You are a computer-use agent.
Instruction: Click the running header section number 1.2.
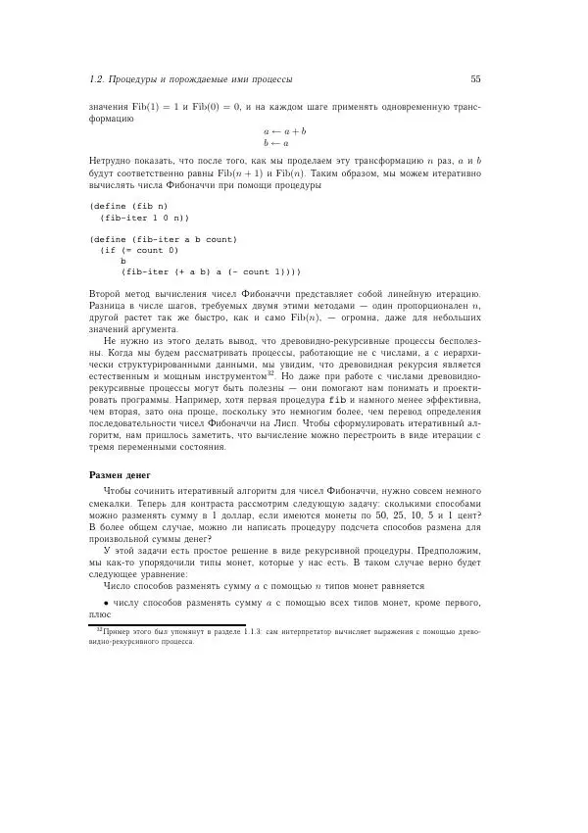[96, 79]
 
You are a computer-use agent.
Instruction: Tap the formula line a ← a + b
[284, 130]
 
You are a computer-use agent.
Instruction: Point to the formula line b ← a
[276, 143]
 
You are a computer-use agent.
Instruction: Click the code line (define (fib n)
[128, 207]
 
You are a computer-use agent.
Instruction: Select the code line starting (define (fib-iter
[163, 239]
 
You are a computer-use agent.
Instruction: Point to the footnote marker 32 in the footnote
[98, 632]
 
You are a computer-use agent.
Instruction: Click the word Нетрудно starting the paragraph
[110, 160]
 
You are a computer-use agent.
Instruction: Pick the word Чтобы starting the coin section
[118, 489]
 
